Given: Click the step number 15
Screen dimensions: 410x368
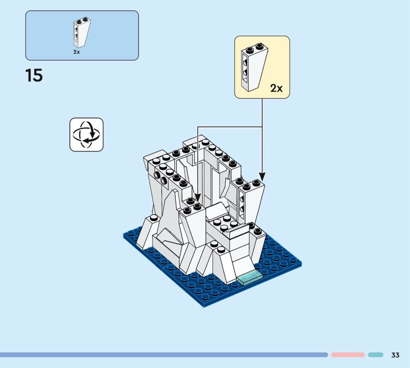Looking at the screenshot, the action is click(x=34, y=76).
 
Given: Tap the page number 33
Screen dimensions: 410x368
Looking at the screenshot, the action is click(x=395, y=355).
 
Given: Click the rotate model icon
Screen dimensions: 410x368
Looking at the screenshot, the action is click(x=86, y=135).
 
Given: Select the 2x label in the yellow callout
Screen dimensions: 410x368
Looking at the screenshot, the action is click(x=276, y=88).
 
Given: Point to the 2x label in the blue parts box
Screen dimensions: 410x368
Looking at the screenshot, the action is click(x=76, y=52).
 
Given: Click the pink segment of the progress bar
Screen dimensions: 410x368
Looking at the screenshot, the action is click(x=347, y=355).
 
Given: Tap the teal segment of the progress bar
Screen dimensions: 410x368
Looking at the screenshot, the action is click(x=376, y=355).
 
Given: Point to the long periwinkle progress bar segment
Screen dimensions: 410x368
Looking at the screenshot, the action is click(x=164, y=355).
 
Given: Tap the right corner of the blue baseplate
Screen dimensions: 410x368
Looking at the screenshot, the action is click(x=301, y=265).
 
